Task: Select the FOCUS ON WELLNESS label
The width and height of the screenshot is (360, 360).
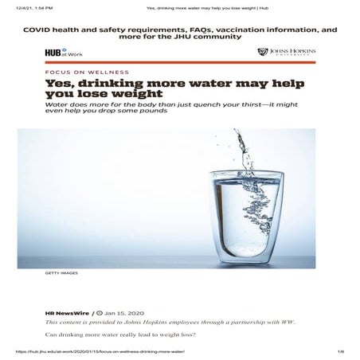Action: pos(76,72)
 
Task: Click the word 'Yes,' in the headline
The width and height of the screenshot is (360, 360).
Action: pos(60,84)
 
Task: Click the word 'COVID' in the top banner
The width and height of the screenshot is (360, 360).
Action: pos(41,29)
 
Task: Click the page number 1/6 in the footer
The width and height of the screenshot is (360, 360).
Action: pos(339,350)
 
